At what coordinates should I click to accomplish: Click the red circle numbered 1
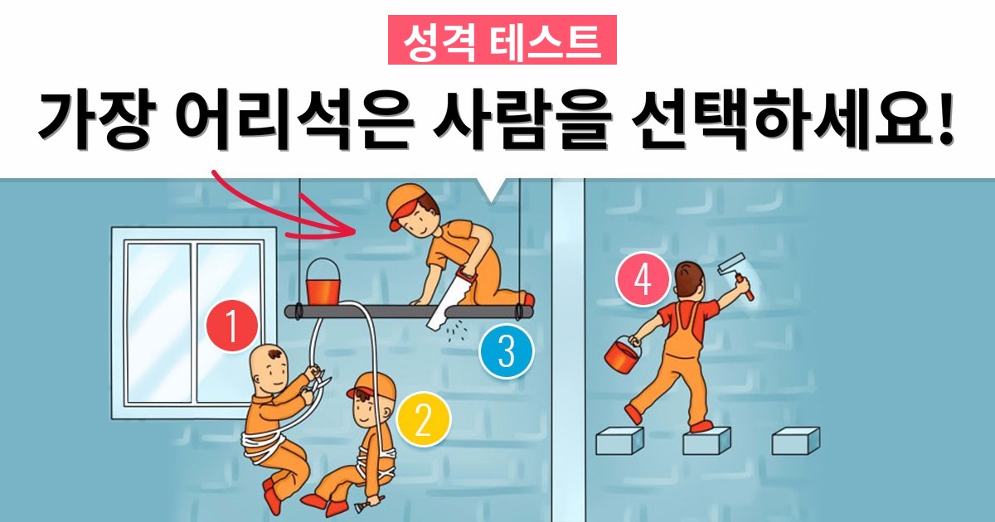(232, 326)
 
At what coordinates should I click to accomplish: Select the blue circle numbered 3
(507, 351)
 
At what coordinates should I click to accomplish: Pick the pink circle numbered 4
(643, 279)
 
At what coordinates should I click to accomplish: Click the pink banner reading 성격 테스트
(502, 40)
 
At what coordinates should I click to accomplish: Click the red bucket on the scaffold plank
(323, 282)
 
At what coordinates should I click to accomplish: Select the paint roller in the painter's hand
(736, 275)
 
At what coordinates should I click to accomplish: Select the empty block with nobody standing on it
(795, 441)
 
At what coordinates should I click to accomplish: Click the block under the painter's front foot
(706, 441)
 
